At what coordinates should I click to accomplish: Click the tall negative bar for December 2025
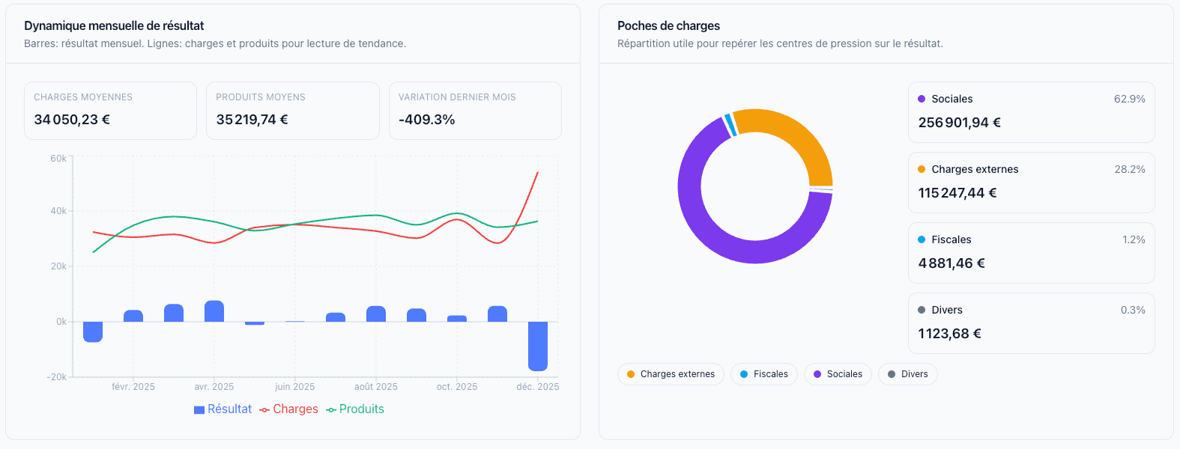click(538, 346)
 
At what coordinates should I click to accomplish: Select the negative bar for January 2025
click(93, 332)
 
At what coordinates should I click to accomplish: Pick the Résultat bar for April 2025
click(214, 311)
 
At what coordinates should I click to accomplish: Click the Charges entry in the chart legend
click(289, 409)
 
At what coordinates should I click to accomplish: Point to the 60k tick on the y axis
click(58, 159)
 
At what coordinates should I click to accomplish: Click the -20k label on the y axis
click(57, 377)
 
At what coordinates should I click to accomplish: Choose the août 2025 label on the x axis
click(376, 387)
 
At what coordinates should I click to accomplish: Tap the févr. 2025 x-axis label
click(133, 387)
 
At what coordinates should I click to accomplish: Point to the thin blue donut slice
click(729, 124)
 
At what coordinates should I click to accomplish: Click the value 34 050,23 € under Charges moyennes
click(72, 120)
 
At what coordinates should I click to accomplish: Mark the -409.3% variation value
click(427, 120)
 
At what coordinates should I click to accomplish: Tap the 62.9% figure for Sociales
click(1129, 99)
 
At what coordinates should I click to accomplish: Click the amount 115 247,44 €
click(957, 193)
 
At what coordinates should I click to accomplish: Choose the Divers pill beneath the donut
click(907, 374)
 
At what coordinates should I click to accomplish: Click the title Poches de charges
click(668, 25)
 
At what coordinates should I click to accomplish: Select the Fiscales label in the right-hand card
click(951, 239)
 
